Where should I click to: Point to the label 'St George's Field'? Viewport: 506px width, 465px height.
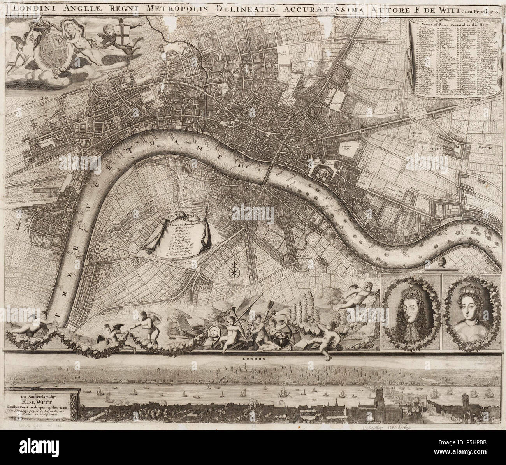(186, 262)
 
